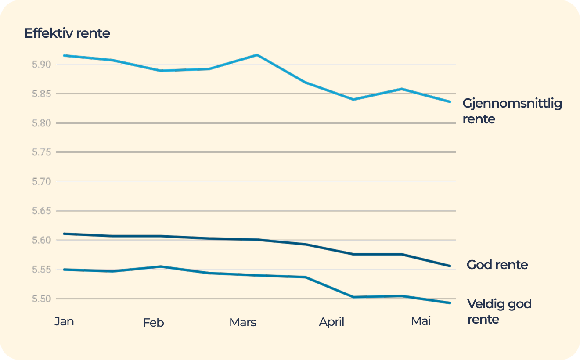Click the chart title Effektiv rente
click(x=67, y=33)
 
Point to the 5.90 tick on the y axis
click(x=42, y=65)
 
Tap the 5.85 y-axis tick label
click(x=42, y=94)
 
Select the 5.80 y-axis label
click(x=42, y=123)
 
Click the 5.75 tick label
click(x=42, y=152)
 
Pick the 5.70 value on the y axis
click(x=42, y=181)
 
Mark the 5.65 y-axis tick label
click(x=42, y=211)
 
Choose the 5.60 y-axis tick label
click(x=42, y=240)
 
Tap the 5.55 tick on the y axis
click(x=42, y=270)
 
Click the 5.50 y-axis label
click(x=42, y=299)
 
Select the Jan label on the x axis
click(x=64, y=321)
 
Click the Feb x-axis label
click(x=153, y=323)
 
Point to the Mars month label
click(x=242, y=323)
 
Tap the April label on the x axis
click(x=331, y=322)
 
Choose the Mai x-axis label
click(x=421, y=321)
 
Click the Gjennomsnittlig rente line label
click(x=512, y=111)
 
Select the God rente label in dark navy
click(x=497, y=265)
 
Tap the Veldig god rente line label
click(x=499, y=311)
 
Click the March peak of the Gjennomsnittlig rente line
click(x=257, y=55)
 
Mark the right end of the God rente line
click(x=450, y=266)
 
